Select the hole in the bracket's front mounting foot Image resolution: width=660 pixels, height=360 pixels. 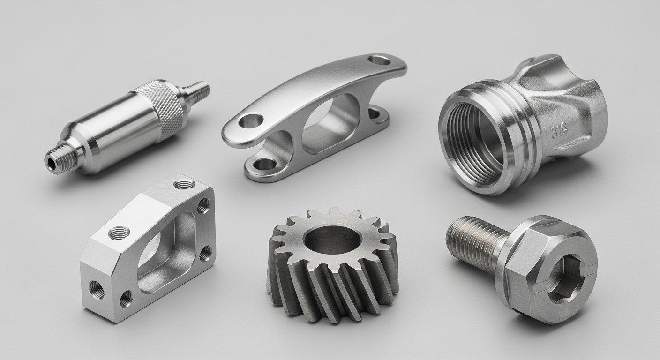coord(264,164)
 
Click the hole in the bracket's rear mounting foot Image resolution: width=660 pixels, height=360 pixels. coord(375,112)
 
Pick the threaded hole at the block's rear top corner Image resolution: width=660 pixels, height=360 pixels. coord(183,185)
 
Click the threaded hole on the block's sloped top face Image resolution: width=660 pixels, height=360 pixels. coord(119,232)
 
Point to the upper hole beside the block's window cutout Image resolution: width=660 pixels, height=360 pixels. coord(203,205)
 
